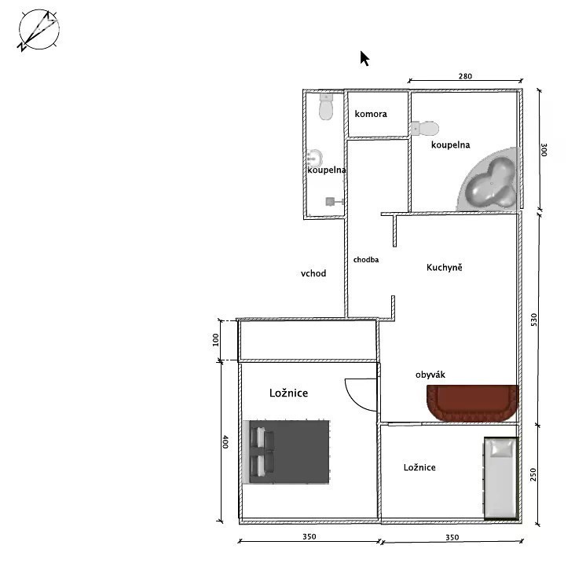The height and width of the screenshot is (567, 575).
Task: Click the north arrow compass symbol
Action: (x=38, y=30)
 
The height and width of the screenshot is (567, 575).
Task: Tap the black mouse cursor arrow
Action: (x=364, y=59)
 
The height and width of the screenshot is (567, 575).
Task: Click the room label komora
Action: (x=371, y=114)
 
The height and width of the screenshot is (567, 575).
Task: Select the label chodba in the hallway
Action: (x=366, y=259)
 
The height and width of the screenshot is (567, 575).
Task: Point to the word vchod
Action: (x=313, y=273)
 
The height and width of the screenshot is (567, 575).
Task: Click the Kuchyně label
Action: (x=444, y=267)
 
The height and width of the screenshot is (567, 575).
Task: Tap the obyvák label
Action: (x=430, y=375)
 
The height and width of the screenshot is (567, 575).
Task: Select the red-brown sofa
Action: (x=472, y=402)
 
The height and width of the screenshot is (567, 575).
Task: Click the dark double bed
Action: (x=287, y=452)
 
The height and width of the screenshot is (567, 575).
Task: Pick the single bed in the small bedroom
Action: (x=501, y=478)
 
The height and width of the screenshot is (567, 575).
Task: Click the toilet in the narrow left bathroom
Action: (x=326, y=106)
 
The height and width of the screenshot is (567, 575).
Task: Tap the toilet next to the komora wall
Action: (x=425, y=128)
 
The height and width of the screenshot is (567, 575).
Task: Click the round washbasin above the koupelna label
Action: (x=314, y=159)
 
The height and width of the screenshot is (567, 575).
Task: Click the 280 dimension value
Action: (x=465, y=76)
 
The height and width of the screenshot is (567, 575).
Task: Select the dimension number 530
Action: (x=534, y=320)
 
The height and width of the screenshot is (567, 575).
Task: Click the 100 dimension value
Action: (x=215, y=339)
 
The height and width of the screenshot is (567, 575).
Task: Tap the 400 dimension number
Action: (x=225, y=441)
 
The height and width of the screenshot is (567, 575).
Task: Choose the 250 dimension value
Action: (x=533, y=474)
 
